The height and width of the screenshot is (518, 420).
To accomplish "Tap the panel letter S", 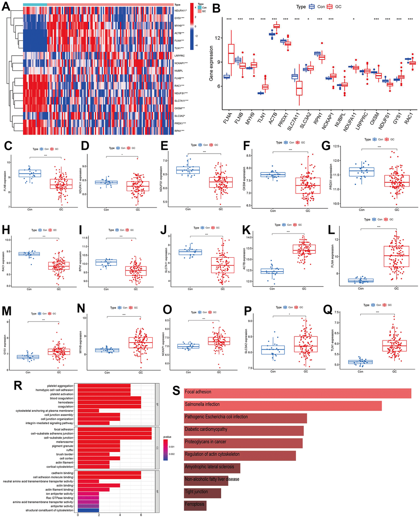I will coord(177,390).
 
